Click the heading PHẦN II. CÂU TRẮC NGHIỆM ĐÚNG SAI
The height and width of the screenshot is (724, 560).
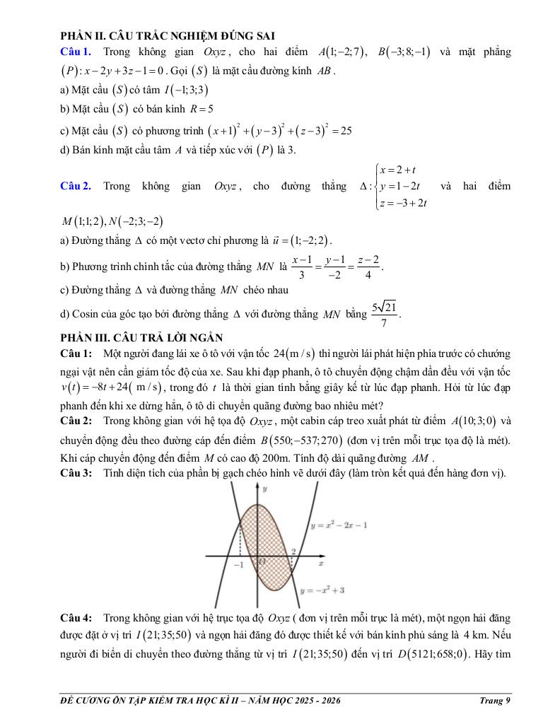pos(168,35)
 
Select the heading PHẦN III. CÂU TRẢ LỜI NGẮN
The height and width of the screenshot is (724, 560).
pos(141,338)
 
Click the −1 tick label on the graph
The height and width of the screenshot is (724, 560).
pos(238,565)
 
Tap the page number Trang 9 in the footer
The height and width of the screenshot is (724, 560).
pos(494,701)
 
